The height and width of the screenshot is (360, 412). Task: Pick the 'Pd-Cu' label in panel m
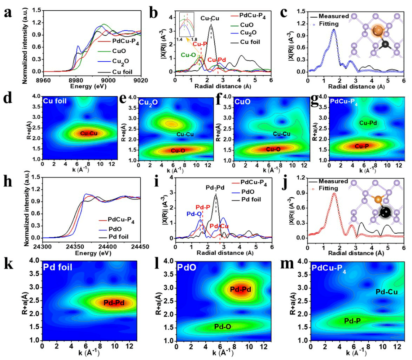[x=386, y=292]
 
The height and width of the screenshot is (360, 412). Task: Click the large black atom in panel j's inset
[x=385, y=213]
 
